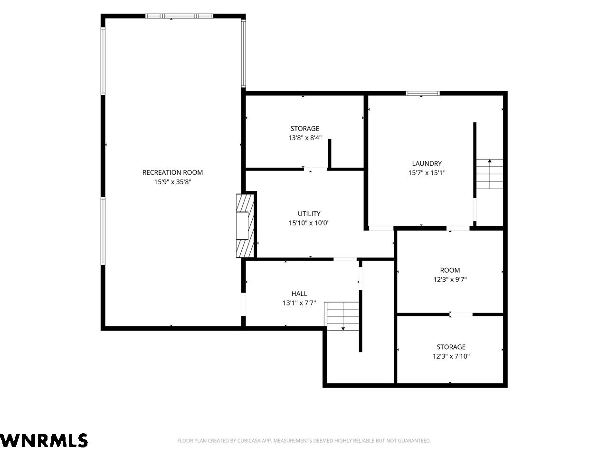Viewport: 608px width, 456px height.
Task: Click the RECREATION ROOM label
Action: pos(172,172)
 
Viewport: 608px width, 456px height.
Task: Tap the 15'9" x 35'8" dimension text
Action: pos(172,182)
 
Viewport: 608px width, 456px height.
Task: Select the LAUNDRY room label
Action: pos(427,163)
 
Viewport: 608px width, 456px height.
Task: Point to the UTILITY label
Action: pos(309,213)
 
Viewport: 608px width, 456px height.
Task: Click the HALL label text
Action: pos(299,294)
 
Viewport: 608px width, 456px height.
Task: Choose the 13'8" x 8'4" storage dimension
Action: pos(304,138)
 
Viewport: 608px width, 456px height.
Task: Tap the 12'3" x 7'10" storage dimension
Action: pos(451,356)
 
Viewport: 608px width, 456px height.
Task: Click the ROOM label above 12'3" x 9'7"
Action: pos(450,270)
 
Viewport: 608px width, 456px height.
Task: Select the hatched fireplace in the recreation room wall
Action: pos(245,226)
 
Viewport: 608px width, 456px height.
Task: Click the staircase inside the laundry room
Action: pos(489,174)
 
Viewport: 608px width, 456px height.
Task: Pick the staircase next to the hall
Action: pos(343,316)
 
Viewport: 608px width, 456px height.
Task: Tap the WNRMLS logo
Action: pos(44,440)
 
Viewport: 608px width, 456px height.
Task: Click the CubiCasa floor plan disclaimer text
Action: pos(304,440)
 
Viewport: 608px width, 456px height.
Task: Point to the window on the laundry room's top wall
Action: pos(422,93)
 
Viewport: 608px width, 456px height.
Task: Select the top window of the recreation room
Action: pos(179,16)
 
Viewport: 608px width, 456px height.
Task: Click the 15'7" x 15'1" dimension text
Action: pos(427,173)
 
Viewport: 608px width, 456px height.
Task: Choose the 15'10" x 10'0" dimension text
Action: pos(309,223)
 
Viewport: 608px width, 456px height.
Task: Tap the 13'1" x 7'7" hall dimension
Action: pos(299,303)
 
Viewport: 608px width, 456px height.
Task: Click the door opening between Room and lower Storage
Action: pos(461,314)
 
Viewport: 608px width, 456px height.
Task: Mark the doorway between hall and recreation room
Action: pos(244,304)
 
